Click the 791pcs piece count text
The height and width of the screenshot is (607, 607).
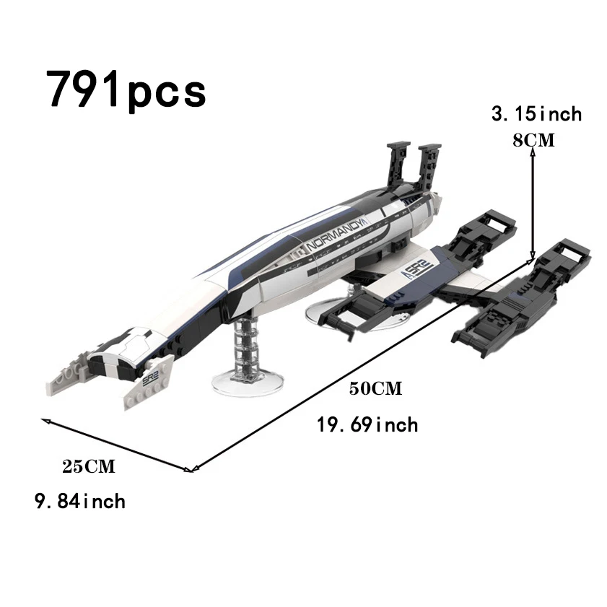126,89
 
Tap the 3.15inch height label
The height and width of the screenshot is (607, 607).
536,114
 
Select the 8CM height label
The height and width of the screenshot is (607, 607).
534,140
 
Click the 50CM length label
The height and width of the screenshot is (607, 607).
375,388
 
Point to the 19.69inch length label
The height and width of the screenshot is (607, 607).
368,424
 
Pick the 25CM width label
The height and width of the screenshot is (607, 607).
89,466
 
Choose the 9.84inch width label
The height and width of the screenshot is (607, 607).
80,502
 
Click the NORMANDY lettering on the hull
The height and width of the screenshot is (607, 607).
334,235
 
